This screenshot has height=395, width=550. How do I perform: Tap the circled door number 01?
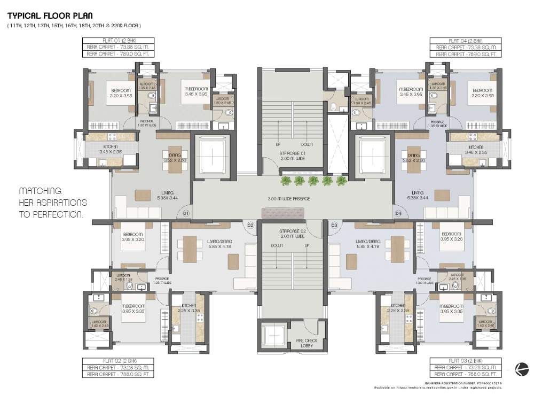click(186, 213)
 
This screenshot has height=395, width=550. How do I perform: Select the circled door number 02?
click(250, 226)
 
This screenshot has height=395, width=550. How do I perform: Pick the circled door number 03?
click(334, 226)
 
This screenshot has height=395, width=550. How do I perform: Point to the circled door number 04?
click(398, 213)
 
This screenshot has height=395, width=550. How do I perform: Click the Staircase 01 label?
click(292, 156)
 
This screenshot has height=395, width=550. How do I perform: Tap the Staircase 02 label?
click(292, 234)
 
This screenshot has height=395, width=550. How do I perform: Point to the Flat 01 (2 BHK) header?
click(118, 41)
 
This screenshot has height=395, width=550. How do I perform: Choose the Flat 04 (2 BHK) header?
click(466, 41)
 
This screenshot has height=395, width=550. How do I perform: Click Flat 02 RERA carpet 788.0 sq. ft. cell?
click(118, 375)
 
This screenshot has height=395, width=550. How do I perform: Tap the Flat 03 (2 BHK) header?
click(466, 361)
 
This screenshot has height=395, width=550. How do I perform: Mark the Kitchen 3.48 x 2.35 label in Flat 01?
click(111, 150)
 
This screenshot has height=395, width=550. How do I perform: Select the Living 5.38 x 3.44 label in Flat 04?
click(418, 195)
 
